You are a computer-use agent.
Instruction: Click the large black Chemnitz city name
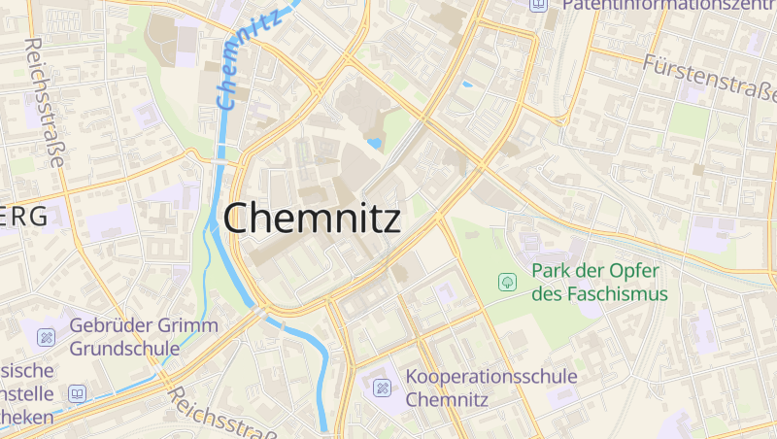click(x=312, y=218)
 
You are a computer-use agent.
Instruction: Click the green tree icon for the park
click(x=506, y=282)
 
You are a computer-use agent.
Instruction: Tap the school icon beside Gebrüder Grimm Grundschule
click(x=47, y=337)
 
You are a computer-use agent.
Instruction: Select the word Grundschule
click(x=124, y=348)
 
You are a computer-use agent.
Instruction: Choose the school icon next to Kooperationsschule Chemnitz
click(x=383, y=388)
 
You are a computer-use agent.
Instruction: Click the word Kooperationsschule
click(x=491, y=377)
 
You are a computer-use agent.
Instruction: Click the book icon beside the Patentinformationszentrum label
click(x=538, y=5)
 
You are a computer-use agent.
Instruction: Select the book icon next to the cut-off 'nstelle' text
click(x=77, y=393)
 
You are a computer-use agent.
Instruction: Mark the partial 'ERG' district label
click(x=23, y=218)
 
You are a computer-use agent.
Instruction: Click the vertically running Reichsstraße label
click(x=45, y=102)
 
